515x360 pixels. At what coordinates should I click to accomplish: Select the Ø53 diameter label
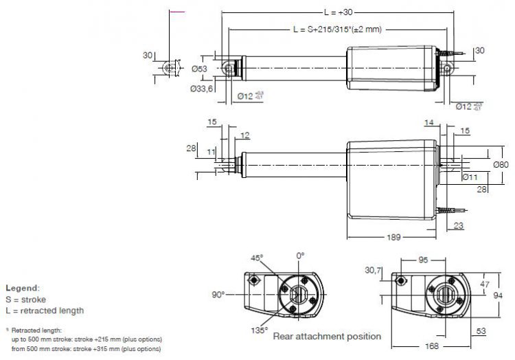click(198, 69)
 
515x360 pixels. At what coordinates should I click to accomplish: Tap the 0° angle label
click(299, 256)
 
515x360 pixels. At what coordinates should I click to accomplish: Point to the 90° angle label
click(218, 294)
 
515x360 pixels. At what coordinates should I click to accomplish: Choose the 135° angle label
click(259, 330)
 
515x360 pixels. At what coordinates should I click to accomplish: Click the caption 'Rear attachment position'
click(326, 337)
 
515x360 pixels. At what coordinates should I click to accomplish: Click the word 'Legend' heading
click(22, 288)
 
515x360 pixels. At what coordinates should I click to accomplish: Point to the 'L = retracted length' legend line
click(45, 311)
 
